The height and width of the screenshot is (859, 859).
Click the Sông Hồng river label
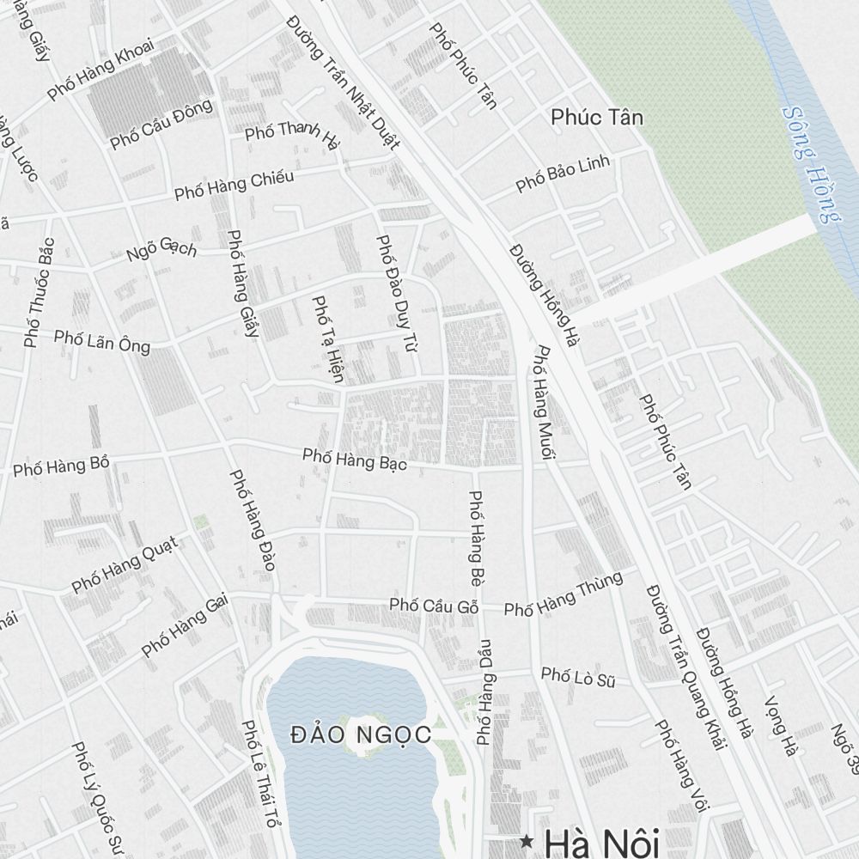pyautogui.click(x=811, y=164)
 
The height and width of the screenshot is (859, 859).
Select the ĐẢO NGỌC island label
pyautogui.click(x=360, y=735)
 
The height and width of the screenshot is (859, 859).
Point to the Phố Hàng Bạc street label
pyautogui.click(x=354, y=459)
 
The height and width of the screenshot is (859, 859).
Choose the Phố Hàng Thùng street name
pyautogui.click(x=563, y=595)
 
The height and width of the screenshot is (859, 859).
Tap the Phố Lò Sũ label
pyautogui.click(x=579, y=678)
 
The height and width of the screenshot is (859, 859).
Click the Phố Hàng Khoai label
pyautogui.click(x=101, y=69)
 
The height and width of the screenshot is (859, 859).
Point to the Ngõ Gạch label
pyautogui.click(x=161, y=250)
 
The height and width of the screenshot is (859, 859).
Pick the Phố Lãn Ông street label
pyautogui.click(x=101, y=340)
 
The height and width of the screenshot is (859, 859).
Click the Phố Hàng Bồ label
pyautogui.click(x=61, y=466)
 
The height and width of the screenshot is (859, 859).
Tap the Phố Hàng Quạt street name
pyautogui.click(x=124, y=564)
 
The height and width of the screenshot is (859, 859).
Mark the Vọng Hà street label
pyautogui.click(x=780, y=726)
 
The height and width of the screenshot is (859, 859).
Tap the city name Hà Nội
pyautogui.click(x=601, y=842)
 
